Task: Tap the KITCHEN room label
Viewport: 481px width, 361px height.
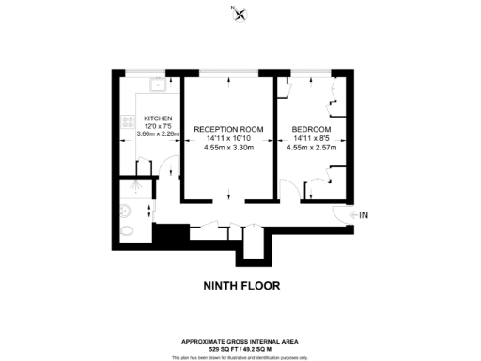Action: [158, 118]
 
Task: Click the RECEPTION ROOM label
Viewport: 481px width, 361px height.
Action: [227, 128]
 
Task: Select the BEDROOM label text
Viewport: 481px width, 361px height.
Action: [310, 128]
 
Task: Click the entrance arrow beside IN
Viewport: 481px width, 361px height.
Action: [354, 215]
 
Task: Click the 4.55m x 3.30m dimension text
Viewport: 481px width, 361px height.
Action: [227, 147]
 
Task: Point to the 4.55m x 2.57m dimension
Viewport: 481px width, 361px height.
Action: [310, 147]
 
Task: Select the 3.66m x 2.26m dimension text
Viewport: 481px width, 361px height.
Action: [157, 133]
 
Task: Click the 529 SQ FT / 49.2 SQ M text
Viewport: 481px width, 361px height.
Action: [240, 347]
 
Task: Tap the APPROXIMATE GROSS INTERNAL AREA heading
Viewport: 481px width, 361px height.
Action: [240, 340]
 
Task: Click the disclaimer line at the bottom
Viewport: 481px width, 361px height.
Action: [240, 355]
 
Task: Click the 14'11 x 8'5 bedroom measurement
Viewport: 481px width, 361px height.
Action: [310, 138]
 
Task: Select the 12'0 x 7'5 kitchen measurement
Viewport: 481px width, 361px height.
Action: [157, 126]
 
